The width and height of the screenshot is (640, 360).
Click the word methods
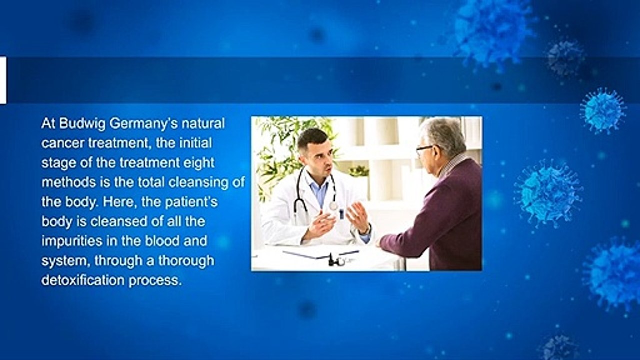pyautogui.click(x=69, y=182)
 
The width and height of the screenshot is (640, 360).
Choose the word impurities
pyautogui.click(x=72, y=241)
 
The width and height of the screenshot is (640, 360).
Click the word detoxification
pyautogui.click(x=83, y=280)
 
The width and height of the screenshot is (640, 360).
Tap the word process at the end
pyautogui.click(x=155, y=281)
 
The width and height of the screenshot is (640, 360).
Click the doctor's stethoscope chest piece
pyautogui.click(x=333, y=205)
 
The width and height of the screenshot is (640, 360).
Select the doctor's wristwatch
pyautogui.click(x=367, y=229)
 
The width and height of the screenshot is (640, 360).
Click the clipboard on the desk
pyautogui.click(x=321, y=253)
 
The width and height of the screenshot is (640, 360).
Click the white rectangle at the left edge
pyautogui.click(x=3, y=81)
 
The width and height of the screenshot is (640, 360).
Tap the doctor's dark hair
pyautogui.click(x=312, y=138)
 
